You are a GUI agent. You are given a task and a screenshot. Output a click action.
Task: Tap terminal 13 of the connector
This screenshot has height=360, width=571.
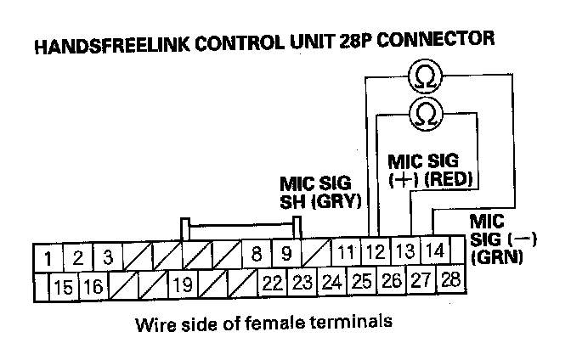[x=405, y=252]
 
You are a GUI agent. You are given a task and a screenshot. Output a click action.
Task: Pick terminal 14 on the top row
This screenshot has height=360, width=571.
[x=433, y=251]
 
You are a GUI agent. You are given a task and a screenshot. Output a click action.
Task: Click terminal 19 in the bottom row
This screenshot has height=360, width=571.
[x=183, y=285]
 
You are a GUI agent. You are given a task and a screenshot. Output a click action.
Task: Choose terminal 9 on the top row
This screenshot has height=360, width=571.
[x=286, y=254]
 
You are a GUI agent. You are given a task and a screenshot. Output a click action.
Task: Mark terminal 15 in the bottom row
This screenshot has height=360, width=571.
[x=63, y=287]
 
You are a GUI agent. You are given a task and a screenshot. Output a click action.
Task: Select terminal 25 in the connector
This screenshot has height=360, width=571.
[x=361, y=280]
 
